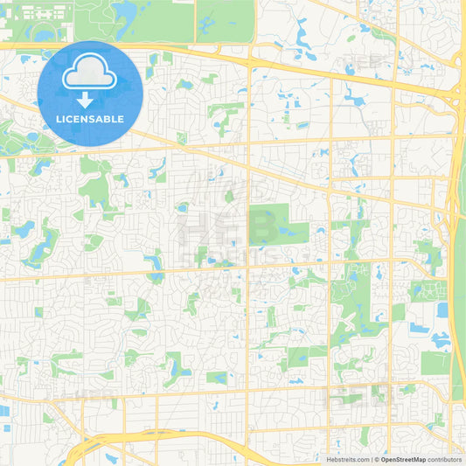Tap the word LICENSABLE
[x=90, y=118]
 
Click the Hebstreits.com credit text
[x=347, y=458]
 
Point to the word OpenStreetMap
[x=403, y=458]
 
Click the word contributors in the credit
[x=445, y=458]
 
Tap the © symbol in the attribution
[x=376, y=458]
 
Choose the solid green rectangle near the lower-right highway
[x=434, y=363]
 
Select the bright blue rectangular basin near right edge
[x=441, y=310]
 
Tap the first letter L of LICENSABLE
[x=59, y=118]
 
